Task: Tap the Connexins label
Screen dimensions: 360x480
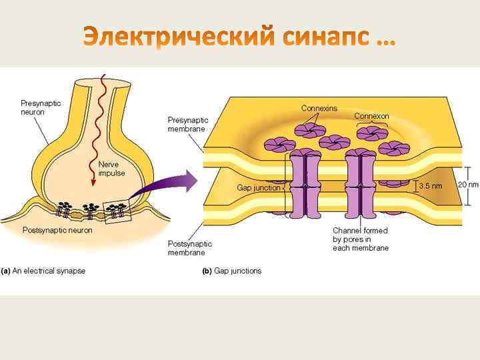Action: tap(319, 108)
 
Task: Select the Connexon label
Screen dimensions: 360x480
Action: tap(371, 116)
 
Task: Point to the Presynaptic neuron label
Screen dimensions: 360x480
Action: tap(41, 107)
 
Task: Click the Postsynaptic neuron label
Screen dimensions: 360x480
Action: tap(57, 230)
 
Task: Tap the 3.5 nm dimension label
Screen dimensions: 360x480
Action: tap(430, 186)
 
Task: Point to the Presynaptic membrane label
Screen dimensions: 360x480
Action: tap(187, 125)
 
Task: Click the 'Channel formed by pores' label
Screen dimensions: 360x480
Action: tap(361, 239)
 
